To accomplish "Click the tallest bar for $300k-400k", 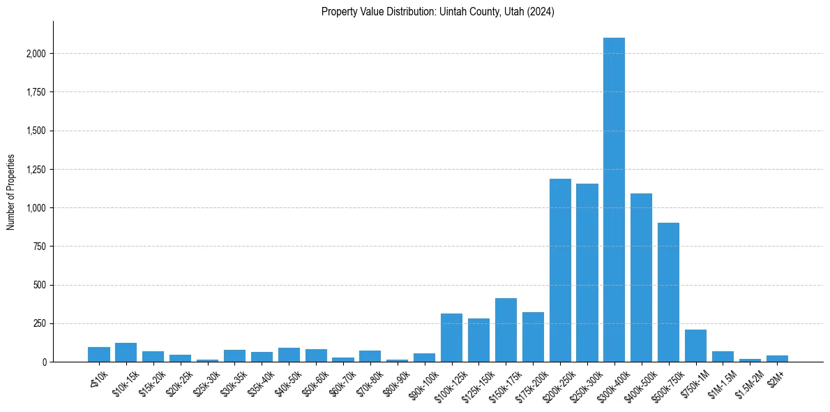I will pyautogui.click(x=614, y=200).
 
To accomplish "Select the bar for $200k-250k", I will pyautogui.click(x=560, y=270).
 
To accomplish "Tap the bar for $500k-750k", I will pyautogui.click(x=668, y=292).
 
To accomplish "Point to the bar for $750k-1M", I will pyautogui.click(x=695, y=346).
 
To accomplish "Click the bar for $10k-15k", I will pyautogui.click(x=126, y=353).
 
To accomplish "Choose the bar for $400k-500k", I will pyautogui.click(x=641, y=277).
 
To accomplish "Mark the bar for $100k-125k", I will pyautogui.click(x=451, y=338).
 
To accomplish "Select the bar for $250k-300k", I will pyautogui.click(x=587, y=272).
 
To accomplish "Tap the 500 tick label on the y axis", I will pyautogui.click(x=40, y=285).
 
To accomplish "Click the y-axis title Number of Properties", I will pyautogui.click(x=11, y=192).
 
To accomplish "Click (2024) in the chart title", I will pyautogui.click(x=542, y=12).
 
